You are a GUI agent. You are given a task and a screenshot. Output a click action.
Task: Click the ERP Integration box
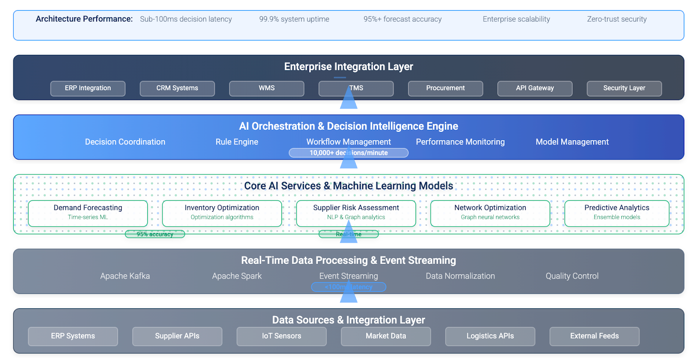pyautogui.click(x=88, y=88)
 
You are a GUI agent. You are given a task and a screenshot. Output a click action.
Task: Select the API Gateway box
pyautogui.click(x=535, y=88)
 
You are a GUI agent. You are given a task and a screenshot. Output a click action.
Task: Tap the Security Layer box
pyautogui.click(x=624, y=88)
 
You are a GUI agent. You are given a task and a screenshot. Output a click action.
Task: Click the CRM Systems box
pyautogui.click(x=177, y=88)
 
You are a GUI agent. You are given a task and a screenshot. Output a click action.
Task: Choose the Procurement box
pyautogui.click(x=445, y=88)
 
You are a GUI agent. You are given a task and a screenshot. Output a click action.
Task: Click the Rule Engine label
pyautogui.click(x=237, y=142)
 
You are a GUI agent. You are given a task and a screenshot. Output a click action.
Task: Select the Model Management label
pyautogui.click(x=572, y=142)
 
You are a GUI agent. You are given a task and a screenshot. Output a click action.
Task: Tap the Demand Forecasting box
pyautogui.click(x=88, y=213)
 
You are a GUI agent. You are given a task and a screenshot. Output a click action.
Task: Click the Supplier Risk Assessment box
pyautogui.click(x=356, y=213)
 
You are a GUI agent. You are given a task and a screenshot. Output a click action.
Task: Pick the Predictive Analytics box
pyautogui.click(x=617, y=213)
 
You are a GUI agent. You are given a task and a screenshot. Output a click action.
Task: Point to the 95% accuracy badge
pyautogui.click(x=155, y=234)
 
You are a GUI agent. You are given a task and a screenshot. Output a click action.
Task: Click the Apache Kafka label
pyautogui.click(x=125, y=276)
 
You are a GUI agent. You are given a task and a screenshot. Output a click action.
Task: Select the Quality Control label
pyautogui.click(x=572, y=276)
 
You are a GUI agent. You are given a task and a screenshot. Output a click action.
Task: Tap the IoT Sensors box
pyautogui.click(x=282, y=336)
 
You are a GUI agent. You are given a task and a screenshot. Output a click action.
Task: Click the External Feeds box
pyautogui.click(x=594, y=336)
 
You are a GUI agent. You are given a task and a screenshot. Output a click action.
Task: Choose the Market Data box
pyautogui.click(x=386, y=336)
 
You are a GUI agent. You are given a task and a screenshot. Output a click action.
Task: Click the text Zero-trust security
pyautogui.click(x=617, y=19)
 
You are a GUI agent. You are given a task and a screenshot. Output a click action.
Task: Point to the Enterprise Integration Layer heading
pyautogui.click(x=348, y=66)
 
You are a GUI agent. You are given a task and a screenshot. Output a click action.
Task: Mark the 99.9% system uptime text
pyautogui.click(x=294, y=19)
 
